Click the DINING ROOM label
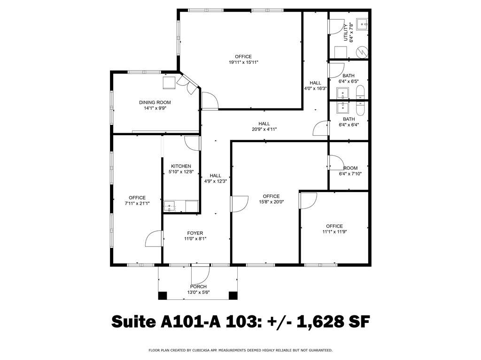[155, 102]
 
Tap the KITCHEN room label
[181, 166]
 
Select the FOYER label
[195, 233]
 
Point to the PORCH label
[199, 287]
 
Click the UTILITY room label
[346, 32]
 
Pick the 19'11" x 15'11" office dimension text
[244, 62]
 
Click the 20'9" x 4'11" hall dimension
[264, 130]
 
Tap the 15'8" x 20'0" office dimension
[271, 202]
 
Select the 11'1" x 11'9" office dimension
[334, 232]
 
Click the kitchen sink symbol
[169, 206]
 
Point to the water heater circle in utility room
[362, 52]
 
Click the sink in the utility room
[362, 23]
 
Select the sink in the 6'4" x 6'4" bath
[342, 108]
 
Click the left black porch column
[163, 296]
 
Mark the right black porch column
[233, 296]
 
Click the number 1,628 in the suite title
[318, 322]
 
